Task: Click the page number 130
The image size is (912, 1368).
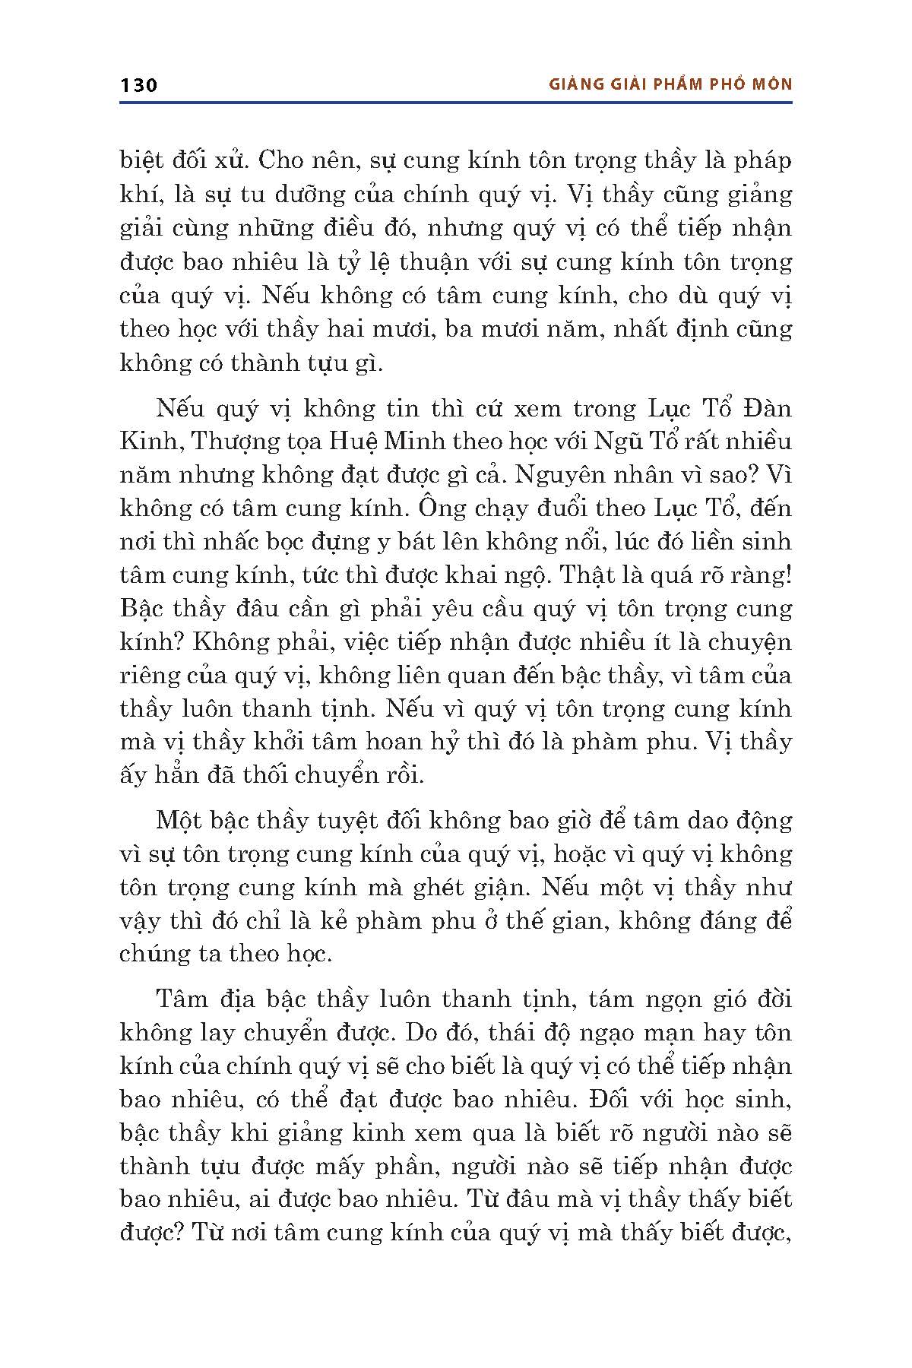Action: [x=138, y=84]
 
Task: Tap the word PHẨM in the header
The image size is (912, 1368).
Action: [x=686, y=84]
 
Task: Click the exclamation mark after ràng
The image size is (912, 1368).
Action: [x=787, y=575]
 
